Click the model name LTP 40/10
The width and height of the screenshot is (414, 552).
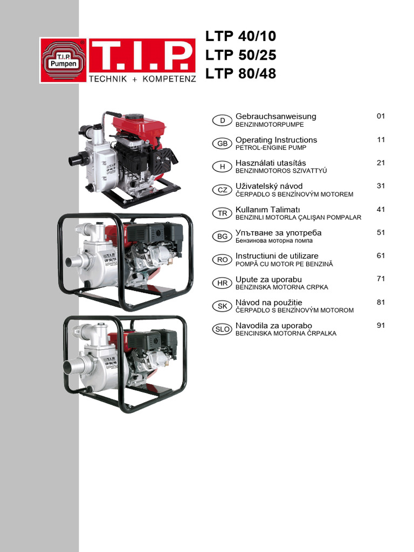(240, 37)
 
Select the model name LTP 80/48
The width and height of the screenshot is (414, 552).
(240, 74)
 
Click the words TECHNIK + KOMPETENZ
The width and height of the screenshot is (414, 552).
(142, 78)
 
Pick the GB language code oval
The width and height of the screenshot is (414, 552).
(222, 143)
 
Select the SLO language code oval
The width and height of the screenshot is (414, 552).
(222, 329)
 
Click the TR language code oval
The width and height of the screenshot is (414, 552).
(222, 213)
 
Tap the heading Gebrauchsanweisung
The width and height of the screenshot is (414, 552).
(275, 116)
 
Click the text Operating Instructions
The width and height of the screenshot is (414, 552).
(276, 140)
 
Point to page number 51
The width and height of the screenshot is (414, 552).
(381, 232)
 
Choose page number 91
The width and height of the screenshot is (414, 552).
(381, 325)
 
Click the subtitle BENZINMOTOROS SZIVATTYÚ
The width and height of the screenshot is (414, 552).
(281, 171)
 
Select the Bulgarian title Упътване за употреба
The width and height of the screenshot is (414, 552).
(278, 232)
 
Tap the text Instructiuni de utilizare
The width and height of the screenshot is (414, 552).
(277, 256)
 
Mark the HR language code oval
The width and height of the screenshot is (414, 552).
(222, 282)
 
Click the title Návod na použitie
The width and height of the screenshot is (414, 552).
(268, 302)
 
